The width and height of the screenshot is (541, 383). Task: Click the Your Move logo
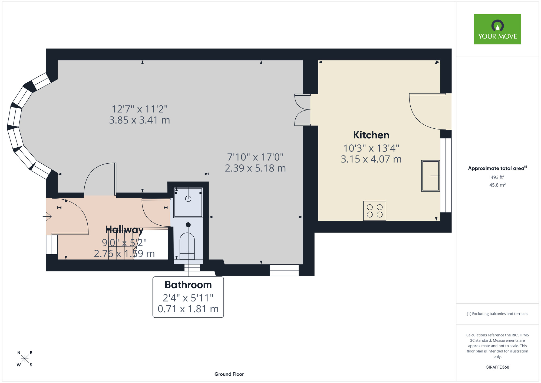point(497,29)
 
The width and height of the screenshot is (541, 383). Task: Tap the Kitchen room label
point(371,135)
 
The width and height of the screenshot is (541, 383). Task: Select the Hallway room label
point(124,229)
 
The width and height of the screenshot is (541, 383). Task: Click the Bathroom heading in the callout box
point(188,285)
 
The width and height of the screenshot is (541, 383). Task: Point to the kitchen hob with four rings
point(375,211)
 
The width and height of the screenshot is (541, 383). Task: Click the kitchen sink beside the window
point(431,176)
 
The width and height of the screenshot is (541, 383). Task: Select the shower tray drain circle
point(188,199)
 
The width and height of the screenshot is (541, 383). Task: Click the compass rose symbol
point(25,359)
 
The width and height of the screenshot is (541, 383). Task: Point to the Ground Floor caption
point(229,374)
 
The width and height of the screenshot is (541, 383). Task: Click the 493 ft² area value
point(497,177)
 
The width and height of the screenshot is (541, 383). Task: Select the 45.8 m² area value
point(497,185)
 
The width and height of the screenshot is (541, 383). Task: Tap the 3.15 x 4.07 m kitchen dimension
point(371,159)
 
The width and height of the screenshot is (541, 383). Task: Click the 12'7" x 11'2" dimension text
point(140,109)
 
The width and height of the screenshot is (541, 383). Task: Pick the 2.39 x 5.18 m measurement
point(255,168)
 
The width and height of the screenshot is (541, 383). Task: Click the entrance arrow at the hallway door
point(47,216)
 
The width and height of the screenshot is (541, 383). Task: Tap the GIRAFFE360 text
point(497,367)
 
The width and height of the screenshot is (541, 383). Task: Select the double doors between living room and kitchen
point(302,110)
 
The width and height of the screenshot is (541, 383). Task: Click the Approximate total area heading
point(497,168)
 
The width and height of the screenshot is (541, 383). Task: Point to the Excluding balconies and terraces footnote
point(497,314)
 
